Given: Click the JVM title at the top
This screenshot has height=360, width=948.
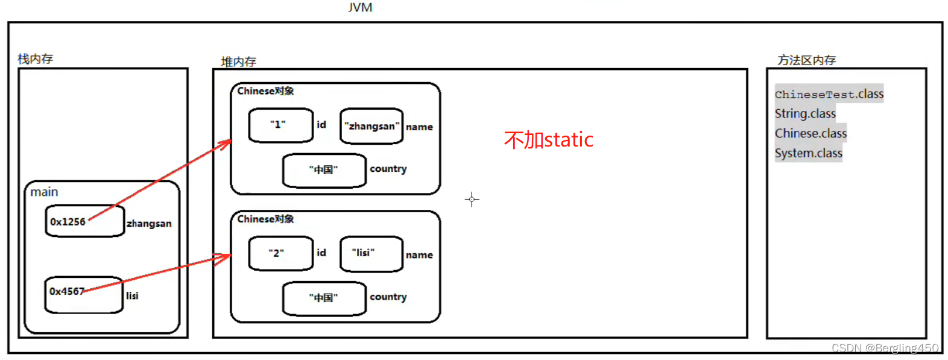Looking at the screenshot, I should point(360,7).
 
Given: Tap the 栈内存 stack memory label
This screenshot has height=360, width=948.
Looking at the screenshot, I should point(35,58).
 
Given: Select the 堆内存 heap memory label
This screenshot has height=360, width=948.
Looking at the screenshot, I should point(238,62).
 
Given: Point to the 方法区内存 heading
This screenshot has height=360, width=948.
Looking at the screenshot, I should point(806,60).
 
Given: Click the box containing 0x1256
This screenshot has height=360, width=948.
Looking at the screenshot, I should point(84,221).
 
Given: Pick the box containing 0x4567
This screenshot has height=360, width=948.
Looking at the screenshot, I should point(83,295).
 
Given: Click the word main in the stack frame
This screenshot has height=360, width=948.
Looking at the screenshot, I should point(44,192).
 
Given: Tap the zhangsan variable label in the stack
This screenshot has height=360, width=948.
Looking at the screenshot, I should point(149,224).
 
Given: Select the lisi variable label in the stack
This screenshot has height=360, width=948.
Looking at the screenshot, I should point(132,296).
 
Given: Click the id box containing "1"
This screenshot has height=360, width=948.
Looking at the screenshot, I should point(280,125).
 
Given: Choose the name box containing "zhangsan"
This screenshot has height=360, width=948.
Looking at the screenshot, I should point(371,126).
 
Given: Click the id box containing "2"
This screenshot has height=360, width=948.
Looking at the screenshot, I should point(280,253).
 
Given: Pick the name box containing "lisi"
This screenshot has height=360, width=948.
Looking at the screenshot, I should point(371,253).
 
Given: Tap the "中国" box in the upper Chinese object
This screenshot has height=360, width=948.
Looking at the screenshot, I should point(324,170).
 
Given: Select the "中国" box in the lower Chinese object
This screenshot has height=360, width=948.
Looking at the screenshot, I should point(324,298).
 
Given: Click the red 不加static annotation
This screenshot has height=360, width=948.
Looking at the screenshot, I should point(548,140).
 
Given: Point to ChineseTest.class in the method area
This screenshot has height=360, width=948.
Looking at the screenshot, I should point(829,94).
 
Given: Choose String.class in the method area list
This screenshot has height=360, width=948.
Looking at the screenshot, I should point(805,113).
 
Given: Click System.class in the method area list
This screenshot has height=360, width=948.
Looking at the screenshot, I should point(808,153).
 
